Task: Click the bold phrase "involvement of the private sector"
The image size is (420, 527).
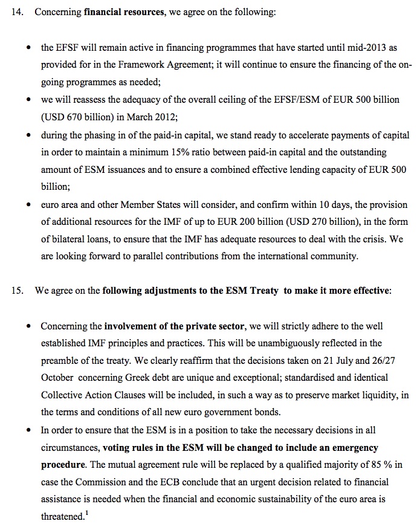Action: [x=174, y=326]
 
